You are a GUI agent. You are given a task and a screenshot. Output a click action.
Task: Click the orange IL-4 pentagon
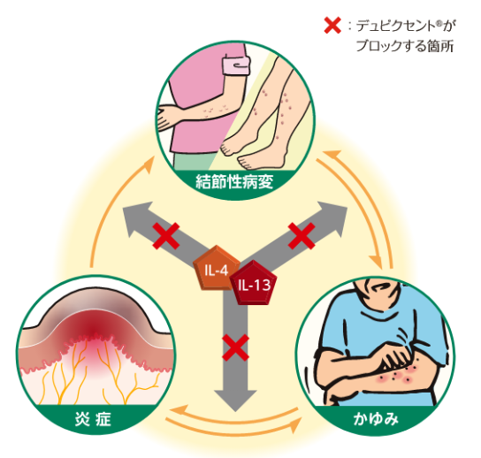(216, 268)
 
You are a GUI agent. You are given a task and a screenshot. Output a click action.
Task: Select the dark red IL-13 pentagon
(254, 283)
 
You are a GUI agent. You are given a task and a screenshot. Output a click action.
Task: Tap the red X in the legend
(332, 25)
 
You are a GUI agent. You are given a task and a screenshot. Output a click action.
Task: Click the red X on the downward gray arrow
(235, 347)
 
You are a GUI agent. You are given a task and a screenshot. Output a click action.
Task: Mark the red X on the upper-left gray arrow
(166, 235)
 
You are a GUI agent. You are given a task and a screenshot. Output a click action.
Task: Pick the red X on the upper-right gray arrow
(302, 235)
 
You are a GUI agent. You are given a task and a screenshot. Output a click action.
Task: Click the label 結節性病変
(234, 182)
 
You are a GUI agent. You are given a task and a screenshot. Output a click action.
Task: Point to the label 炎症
(93, 419)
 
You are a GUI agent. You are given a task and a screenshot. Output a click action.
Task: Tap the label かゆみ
(376, 419)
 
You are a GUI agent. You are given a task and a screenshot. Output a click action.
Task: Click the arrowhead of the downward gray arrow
(235, 400)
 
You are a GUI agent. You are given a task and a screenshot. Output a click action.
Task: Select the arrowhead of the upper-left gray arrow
(136, 218)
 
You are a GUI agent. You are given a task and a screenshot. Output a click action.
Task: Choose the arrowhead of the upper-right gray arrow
(332, 218)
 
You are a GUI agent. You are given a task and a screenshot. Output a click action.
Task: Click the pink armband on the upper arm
(236, 66)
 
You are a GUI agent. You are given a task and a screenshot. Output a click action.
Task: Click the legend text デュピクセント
(396, 26)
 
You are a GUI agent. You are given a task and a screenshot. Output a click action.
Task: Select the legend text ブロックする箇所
(405, 46)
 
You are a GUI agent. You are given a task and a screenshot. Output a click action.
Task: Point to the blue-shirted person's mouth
(381, 287)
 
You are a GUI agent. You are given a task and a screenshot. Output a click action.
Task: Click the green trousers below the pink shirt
(192, 161)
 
